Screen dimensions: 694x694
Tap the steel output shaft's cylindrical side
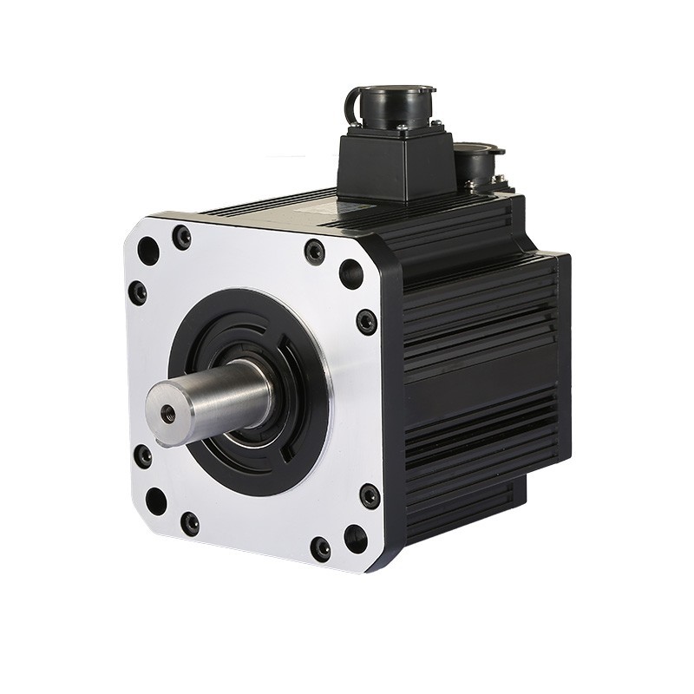[226, 395]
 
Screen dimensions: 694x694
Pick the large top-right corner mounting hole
[350, 273]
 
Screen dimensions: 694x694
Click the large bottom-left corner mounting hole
[156, 501]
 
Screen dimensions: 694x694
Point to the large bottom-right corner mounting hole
[355, 538]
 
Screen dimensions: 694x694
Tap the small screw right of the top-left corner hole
[181, 237]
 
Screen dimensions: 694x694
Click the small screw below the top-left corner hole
[138, 291]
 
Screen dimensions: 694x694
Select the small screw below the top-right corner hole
[367, 322]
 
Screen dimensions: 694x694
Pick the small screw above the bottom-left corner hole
[142, 455]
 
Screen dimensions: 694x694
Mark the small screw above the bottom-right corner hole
[370, 496]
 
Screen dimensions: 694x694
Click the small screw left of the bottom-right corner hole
[321, 548]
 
